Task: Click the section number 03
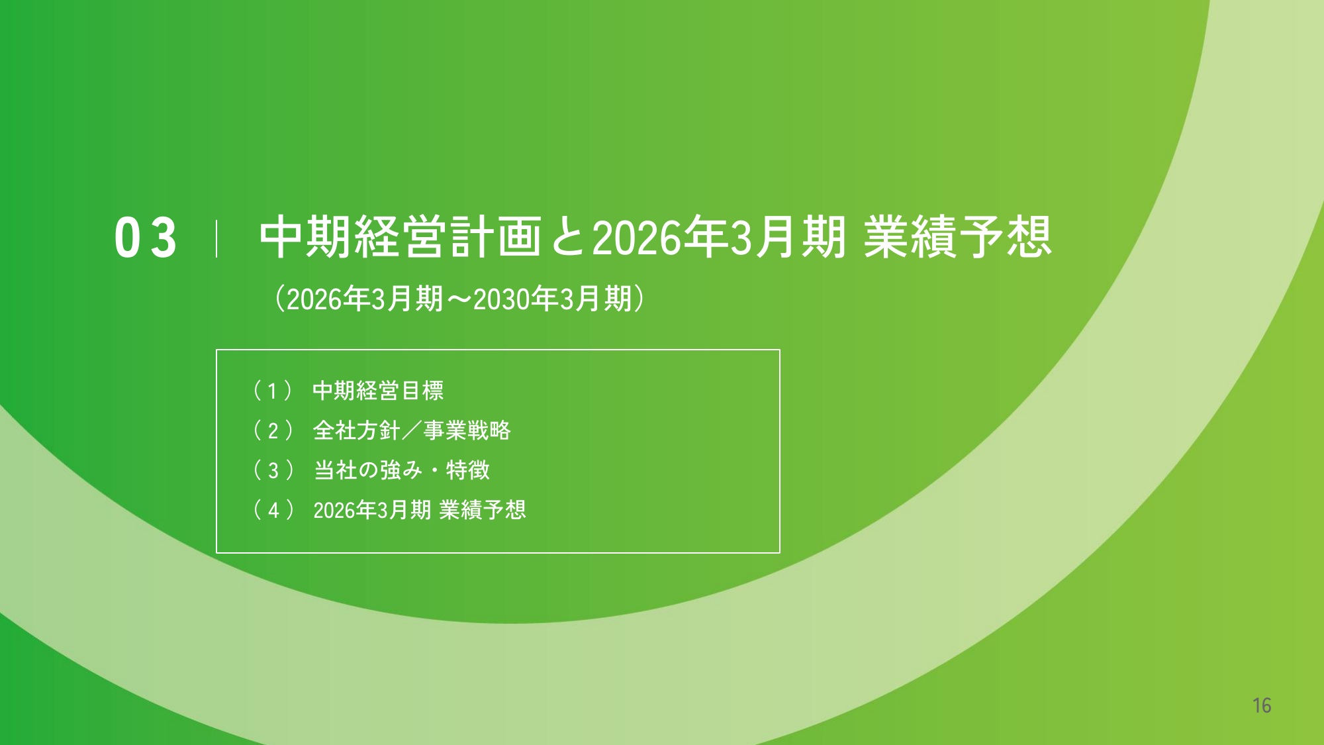146,238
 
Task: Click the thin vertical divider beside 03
216,238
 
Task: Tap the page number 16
1262,705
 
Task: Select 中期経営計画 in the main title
401,236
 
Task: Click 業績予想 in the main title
957,236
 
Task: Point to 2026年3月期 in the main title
719,236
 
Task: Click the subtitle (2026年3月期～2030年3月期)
459,299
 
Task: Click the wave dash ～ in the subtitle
458,299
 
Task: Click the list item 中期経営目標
378,391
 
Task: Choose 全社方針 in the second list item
356,430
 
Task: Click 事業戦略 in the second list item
467,430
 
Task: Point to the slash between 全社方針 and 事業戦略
412,430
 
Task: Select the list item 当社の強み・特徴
402,470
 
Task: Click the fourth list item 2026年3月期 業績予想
420,510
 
